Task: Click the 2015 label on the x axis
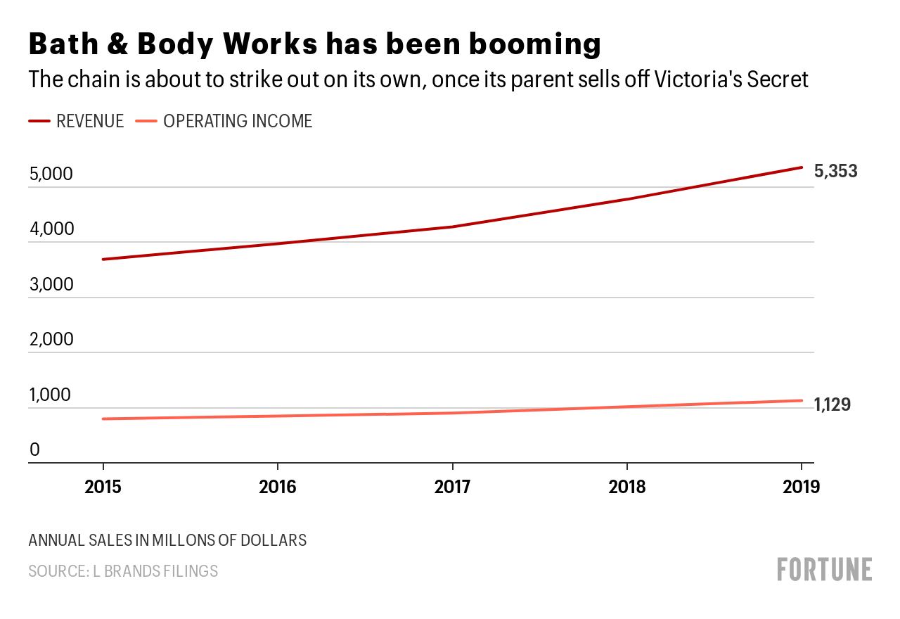coord(103,487)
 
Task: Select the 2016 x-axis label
coord(278,487)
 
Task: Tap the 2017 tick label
coord(452,487)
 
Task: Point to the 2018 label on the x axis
coord(626,487)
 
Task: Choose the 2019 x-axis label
coord(801,487)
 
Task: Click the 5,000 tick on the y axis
coord(51,174)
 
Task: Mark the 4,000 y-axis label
coord(51,229)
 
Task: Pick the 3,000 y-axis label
coord(51,284)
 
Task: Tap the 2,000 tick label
coord(51,340)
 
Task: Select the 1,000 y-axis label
coord(51,395)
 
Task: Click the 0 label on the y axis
coord(34,449)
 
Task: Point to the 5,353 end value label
coord(835,171)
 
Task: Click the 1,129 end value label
coord(832,404)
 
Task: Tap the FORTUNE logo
coord(825,569)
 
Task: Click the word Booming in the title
coord(527,44)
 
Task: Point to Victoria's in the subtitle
coord(694,79)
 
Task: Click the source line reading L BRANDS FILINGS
coord(123,571)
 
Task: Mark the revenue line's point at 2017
coord(452,226)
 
